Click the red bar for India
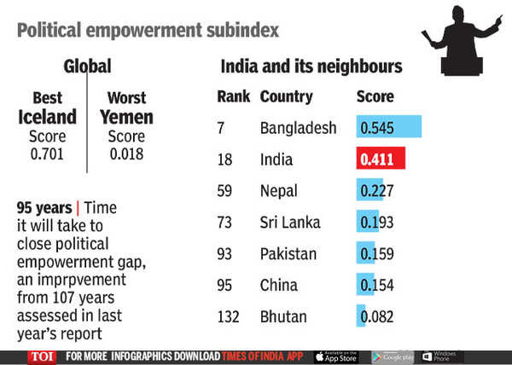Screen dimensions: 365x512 tap(381, 159)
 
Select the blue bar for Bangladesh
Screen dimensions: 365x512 tap(389, 128)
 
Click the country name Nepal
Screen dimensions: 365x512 tap(279, 191)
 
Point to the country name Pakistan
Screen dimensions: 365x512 tap(288, 253)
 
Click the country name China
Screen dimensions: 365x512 tap(279, 285)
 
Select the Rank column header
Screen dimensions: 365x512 tap(233, 96)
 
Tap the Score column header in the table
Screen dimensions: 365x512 tap(375, 96)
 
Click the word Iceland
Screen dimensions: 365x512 tap(47, 117)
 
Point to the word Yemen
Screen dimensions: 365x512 tap(126, 117)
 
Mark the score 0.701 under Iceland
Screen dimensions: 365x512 tap(47, 154)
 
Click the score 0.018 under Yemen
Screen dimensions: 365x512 tap(126, 154)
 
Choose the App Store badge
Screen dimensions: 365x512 tap(336, 356)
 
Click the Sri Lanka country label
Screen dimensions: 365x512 tap(290, 223)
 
